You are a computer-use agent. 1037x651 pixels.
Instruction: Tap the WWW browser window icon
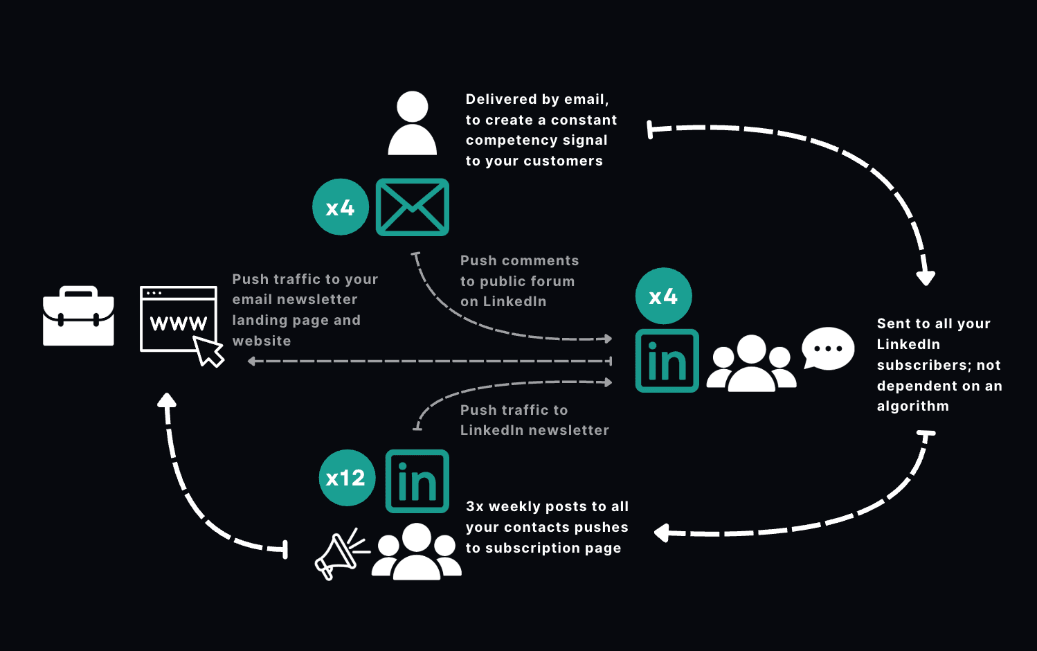tap(178, 319)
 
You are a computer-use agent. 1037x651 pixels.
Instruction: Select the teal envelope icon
tap(413, 207)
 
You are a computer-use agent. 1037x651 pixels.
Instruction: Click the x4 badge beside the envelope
tap(341, 207)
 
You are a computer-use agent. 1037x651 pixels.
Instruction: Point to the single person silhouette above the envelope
tap(413, 123)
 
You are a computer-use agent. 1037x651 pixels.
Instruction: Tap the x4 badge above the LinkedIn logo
tap(663, 296)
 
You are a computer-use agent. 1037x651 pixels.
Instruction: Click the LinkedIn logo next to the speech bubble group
tap(667, 361)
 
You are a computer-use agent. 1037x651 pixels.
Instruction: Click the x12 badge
tap(347, 478)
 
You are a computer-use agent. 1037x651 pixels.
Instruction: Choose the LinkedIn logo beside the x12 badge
tap(417, 481)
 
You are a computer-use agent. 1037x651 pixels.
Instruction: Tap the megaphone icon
tap(339, 555)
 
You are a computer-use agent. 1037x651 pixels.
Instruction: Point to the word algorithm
tap(912, 407)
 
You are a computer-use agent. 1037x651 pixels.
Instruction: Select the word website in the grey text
tap(262, 341)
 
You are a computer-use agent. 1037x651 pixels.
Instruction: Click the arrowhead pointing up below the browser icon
tap(166, 400)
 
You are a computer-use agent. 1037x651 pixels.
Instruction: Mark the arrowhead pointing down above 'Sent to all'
tap(926, 278)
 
